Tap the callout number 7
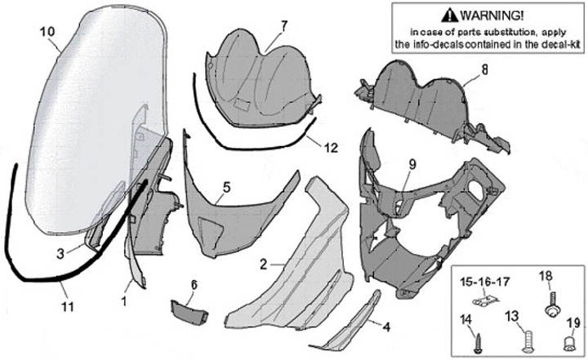(283, 24)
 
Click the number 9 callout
(412, 163)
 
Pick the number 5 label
(225, 188)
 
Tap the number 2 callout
(264, 265)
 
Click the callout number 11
(68, 306)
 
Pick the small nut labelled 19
(572, 338)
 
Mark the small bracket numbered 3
(91, 239)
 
